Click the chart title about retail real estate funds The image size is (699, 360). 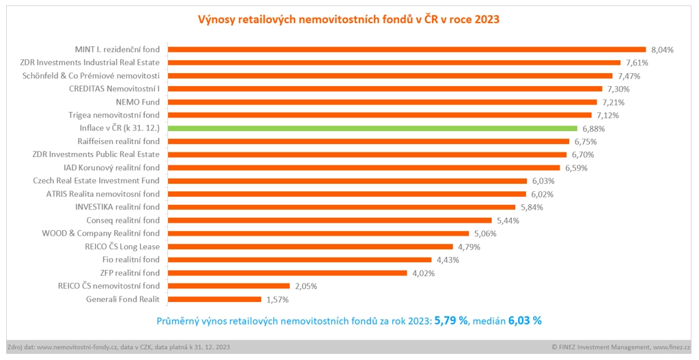(x=349, y=19)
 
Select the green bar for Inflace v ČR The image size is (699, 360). (x=372, y=128)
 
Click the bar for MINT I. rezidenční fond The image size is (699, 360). (x=407, y=49)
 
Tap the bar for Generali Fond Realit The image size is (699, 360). (x=215, y=299)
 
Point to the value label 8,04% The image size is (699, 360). (x=662, y=49)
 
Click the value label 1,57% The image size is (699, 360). (x=277, y=299)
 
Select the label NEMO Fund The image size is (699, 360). (x=137, y=102)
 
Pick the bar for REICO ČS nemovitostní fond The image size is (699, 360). (x=229, y=286)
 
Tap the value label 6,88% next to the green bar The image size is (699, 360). (x=594, y=128)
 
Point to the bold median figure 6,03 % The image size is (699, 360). (x=525, y=320)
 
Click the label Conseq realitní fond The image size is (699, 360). (x=123, y=220)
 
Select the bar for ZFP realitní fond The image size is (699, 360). (x=287, y=273)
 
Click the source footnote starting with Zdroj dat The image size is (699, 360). (x=118, y=347)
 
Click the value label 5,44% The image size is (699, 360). (x=508, y=220)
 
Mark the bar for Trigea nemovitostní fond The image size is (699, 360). (x=379, y=115)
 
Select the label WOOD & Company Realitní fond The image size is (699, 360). (x=100, y=234)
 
